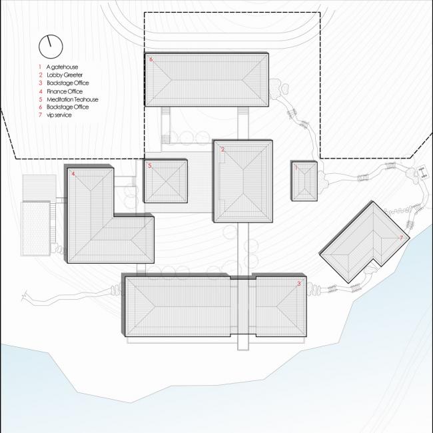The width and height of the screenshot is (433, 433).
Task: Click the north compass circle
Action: [x=50, y=46]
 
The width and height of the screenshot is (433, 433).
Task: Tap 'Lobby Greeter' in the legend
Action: [x=65, y=76]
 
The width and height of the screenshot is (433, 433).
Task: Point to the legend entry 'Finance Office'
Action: [x=65, y=91]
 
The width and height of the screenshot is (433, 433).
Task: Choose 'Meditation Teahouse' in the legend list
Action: [x=72, y=99]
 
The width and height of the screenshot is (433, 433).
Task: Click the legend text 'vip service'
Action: [x=59, y=115]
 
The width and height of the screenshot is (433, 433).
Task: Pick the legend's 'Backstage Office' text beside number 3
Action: [x=67, y=84]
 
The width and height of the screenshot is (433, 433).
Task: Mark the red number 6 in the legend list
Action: [x=40, y=107]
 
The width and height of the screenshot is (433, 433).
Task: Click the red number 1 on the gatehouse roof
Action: [x=297, y=168]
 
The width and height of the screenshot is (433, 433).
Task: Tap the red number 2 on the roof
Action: [x=222, y=149]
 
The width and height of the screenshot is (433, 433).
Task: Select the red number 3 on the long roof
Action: [x=298, y=284]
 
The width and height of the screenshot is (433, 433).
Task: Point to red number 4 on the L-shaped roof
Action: [x=73, y=174]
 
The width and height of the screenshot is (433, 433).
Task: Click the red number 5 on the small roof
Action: [x=150, y=165]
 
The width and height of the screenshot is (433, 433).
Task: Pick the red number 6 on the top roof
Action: [x=151, y=60]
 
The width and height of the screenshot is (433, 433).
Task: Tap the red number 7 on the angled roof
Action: [x=401, y=237]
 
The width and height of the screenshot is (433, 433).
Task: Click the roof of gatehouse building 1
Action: [x=306, y=181]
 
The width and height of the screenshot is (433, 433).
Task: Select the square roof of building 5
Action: [x=165, y=181]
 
